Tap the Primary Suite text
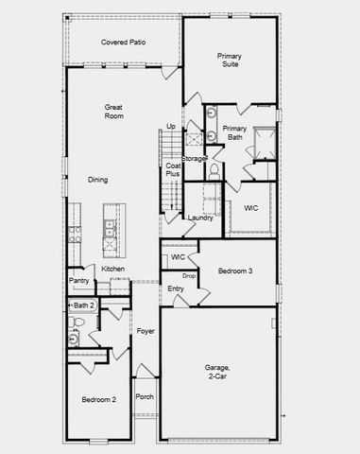[229, 61]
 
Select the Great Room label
[114, 113]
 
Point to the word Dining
[98, 180]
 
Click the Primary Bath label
[234, 132]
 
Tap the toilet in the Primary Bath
[214, 171]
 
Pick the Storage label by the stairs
[193, 158]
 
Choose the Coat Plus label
[174, 171]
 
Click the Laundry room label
[200, 218]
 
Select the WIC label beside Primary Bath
[251, 208]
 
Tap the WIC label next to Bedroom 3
[178, 256]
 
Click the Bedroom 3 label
[236, 271]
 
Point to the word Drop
[189, 275]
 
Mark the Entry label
[176, 288]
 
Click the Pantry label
[78, 280]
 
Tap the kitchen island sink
[111, 229]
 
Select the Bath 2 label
[83, 305]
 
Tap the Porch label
[145, 397]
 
